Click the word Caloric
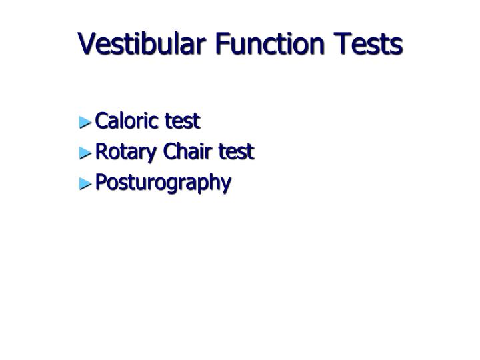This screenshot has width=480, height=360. [x=127, y=121]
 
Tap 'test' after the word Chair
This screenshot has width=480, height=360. [x=235, y=152]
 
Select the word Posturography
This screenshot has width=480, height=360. [x=163, y=183]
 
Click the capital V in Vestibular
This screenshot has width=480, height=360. [x=87, y=45]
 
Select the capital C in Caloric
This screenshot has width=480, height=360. [x=102, y=121]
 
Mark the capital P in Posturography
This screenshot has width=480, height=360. [x=101, y=182]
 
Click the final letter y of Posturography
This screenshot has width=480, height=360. [x=227, y=185]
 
